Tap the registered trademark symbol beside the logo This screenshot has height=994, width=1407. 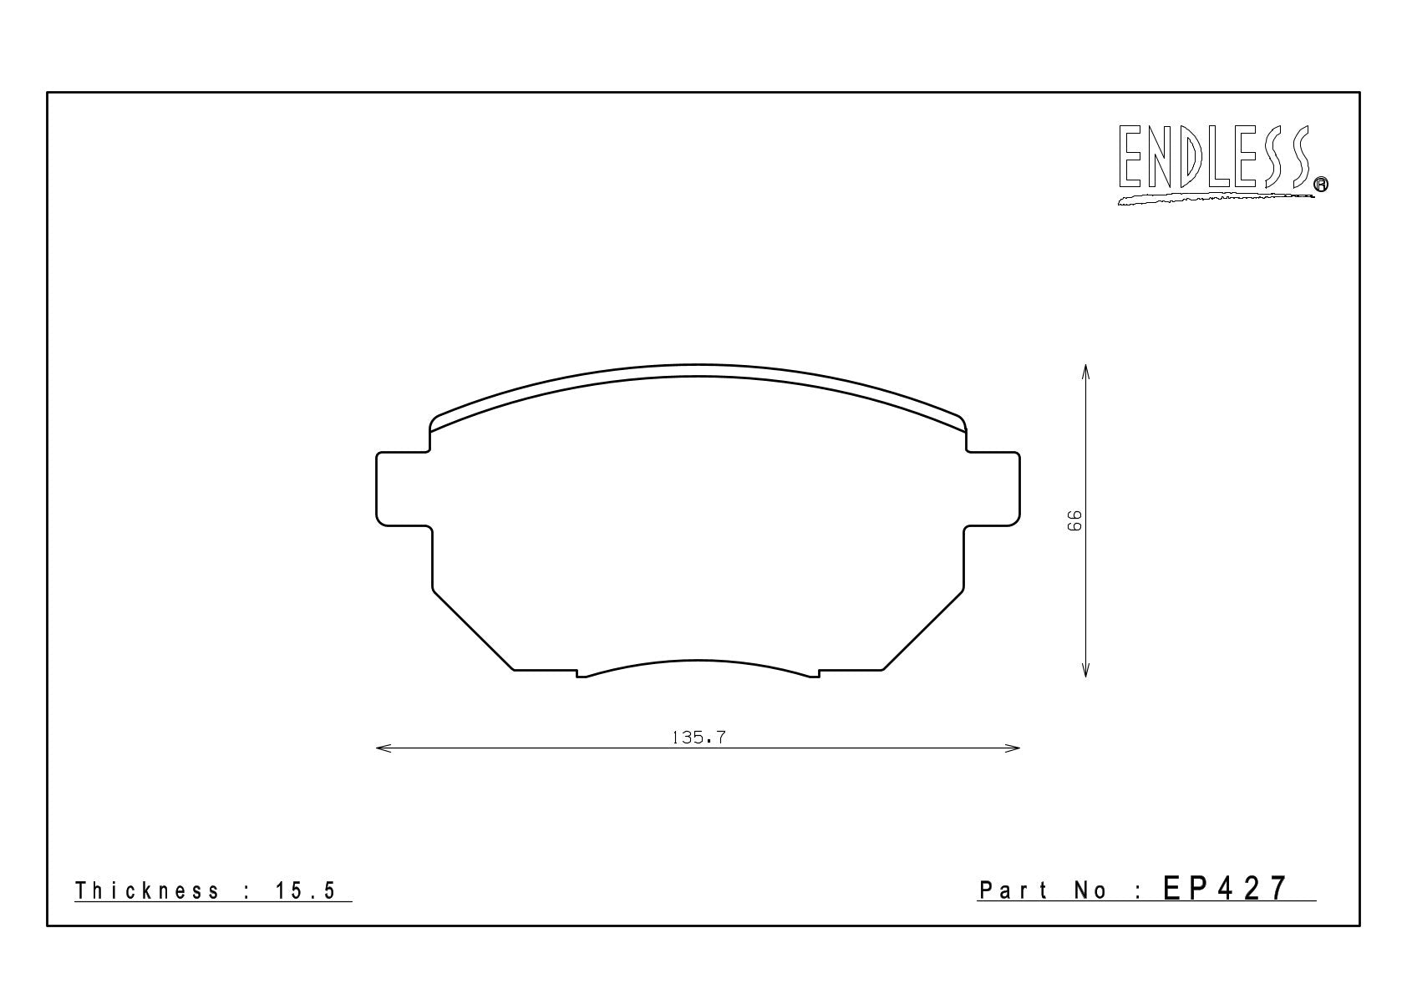pos(1321,184)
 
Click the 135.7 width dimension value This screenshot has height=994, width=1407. pos(698,738)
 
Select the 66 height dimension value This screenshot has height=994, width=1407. pos(1074,520)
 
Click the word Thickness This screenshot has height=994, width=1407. pos(147,890)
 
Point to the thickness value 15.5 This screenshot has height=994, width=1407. pos(306,890)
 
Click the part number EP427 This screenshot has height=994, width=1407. pos(1225,889)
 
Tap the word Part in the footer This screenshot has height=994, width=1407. pos(1013,890)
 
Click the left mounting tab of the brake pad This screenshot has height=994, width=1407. pos(404,489)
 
